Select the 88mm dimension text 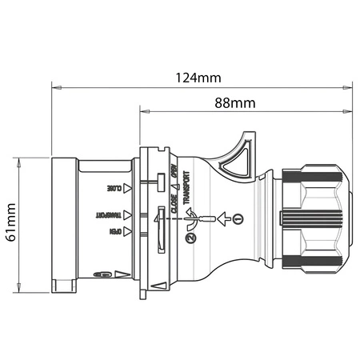[x=234, y=102]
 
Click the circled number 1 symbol [x=237, y=218]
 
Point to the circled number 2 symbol [x=190, y=238]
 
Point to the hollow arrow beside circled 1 [x=223, y=218]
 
